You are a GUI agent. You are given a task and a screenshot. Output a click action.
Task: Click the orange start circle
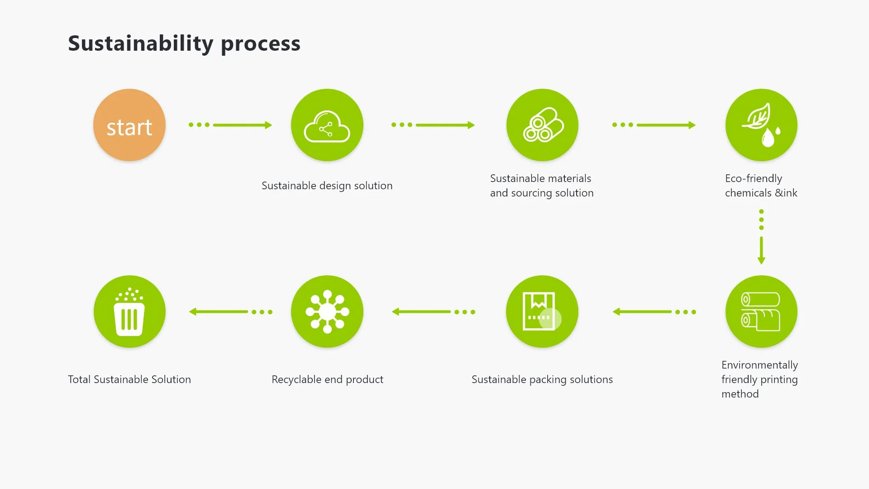click(x=129, y=125)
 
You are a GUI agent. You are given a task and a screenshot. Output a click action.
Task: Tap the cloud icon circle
click(x=327, y=125)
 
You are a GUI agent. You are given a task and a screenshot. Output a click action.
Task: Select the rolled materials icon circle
click(x=542, y=125)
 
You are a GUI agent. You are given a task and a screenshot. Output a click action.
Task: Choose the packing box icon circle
click(x=542, y=312)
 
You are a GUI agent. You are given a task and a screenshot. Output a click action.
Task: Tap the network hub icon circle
click(x=327, y=312)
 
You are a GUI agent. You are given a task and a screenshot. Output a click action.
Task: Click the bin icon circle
click(x=129, y=312)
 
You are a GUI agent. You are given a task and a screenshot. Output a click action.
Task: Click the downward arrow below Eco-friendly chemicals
click(x=761, y=237)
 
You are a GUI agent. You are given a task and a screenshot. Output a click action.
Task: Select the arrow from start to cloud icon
click(x=230, y=125)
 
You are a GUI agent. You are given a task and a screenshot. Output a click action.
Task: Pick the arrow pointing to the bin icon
click(x=231, y=312)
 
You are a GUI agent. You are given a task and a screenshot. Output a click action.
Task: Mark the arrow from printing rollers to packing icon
click(x=654, y=312)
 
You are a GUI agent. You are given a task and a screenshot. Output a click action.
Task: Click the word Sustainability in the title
click(x=141, y=44)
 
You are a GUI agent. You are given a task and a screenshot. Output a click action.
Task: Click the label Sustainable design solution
click(x=327, y=186)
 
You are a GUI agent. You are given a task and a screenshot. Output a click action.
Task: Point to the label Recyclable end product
click(x=327, y=379)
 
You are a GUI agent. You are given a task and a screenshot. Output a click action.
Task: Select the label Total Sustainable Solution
click(x=129, y=379)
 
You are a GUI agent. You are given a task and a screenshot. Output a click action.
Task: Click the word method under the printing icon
click(x=740, y=394)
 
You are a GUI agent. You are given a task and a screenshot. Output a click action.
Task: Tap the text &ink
click(x=786, y=193)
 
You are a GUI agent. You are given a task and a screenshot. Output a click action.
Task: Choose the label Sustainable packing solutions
click(x=542, y=379)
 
